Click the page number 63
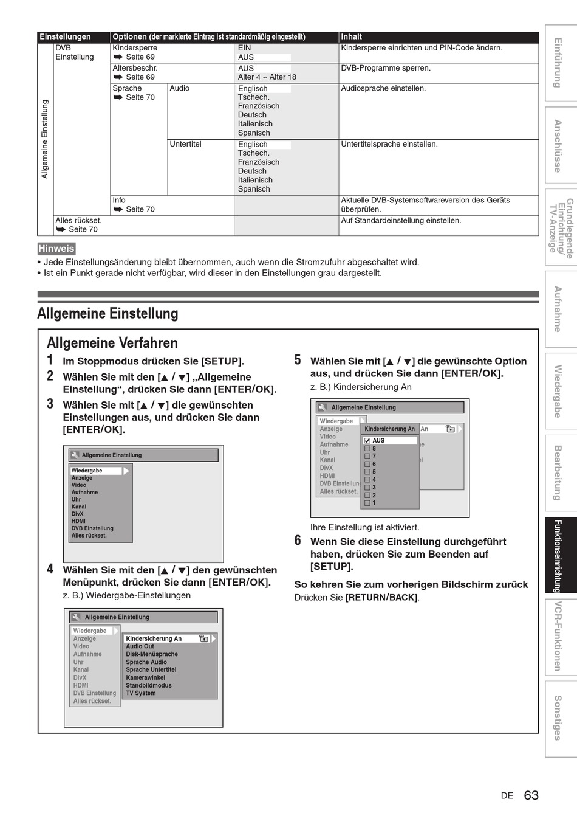click(x=531, y=795)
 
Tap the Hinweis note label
click(x=56, y=249)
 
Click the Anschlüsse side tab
click(x=558, y=146)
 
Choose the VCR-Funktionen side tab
click(x=558, y=636)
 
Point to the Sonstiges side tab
click(x=558, y=717)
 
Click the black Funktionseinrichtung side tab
click(x=558, y=556)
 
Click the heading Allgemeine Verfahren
click(x=112, y=343)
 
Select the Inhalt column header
click(x=352, y=36)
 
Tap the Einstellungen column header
click(x=65, y=36)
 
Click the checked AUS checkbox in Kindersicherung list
click(x=367, y=440)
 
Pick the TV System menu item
click(x=141, y=693)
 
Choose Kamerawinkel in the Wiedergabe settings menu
click(x=145, y=677)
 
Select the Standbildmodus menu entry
click(x=149, y=685)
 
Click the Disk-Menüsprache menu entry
click(x=152, y=654)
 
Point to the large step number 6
click(x=298, y=541)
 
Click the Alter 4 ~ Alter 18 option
click(x=267, y=77)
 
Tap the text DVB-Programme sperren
click(x=386, y=68)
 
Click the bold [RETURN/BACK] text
click(x=381, y=598)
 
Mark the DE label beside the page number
click(x=507, y=796)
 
